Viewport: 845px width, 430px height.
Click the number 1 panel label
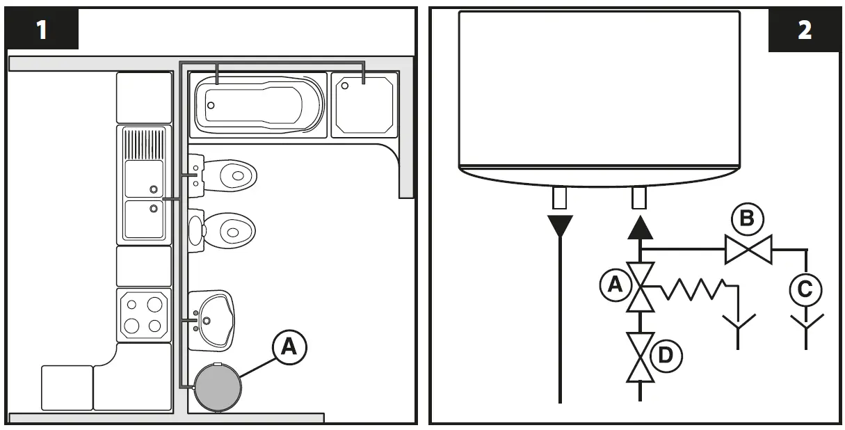pos(42,30)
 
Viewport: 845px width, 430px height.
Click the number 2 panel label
pos(804,30)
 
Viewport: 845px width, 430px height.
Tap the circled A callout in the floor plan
pos(289,347)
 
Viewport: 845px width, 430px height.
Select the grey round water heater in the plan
pos(218,387)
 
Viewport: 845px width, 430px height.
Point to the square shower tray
pos(364,106)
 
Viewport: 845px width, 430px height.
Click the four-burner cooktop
pos(143,314)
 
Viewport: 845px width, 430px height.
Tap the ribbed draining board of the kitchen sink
pos(145,143)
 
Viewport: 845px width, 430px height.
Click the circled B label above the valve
pos(746,219)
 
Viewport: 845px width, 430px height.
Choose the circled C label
pos(805,289)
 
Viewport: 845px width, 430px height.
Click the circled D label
pos(665,357)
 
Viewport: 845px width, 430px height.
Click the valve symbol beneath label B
pos(748,249)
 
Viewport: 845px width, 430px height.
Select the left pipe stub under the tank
pos(560,199)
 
